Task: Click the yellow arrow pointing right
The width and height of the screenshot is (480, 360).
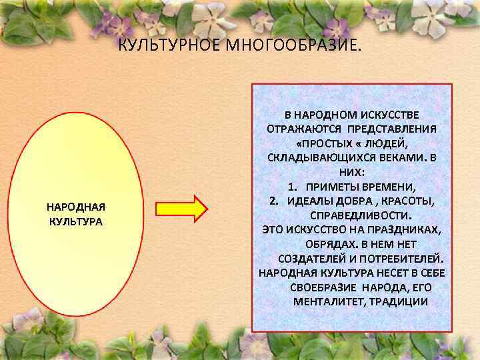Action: point(181,207)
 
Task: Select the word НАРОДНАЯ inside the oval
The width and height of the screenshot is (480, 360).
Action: point(76,207)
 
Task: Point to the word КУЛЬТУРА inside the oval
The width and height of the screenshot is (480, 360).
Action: point(76,221)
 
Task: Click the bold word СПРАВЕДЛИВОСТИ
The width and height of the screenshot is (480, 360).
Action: point(361,215)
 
